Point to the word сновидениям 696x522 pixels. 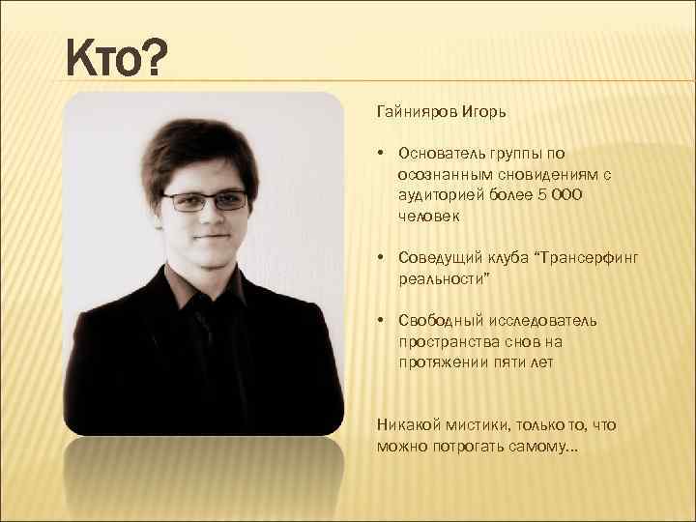point(542,174)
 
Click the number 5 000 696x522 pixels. point(559,195)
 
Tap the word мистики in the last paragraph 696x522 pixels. point(479,425)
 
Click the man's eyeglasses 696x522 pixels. point(205,201)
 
